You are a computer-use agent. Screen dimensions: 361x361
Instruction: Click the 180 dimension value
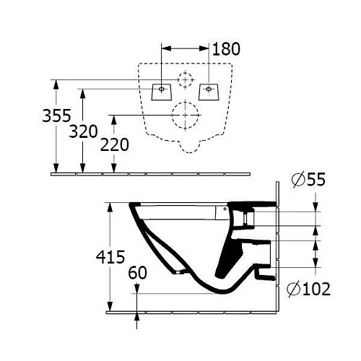click(226, 49)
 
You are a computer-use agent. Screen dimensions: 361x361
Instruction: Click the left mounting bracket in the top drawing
click(161, 91)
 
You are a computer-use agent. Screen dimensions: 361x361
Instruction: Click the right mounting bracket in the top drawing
click(209, 91)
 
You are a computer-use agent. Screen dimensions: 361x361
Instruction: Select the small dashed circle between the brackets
click(186, 79)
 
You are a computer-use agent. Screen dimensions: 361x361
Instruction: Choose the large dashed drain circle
click(186, 115)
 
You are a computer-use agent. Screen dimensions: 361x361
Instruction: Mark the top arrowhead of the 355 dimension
click(56, 83)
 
